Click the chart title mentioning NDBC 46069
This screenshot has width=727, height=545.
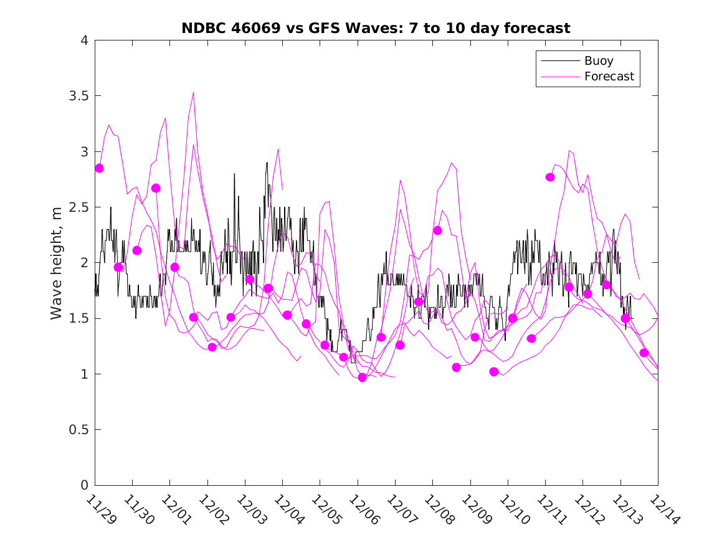(376, 28)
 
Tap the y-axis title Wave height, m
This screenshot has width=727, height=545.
(57, 263)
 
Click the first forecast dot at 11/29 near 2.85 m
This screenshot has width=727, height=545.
(99, 168)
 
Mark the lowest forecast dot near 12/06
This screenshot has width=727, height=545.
(362, 377)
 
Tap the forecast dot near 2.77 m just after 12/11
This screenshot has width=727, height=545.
(550, 177)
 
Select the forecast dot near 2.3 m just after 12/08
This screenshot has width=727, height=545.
(437, 230)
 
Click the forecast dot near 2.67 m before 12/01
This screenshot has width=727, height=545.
(156, 188)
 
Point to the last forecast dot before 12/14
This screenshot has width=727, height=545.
(644, 353)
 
